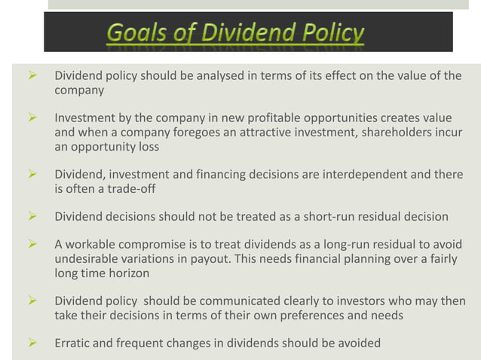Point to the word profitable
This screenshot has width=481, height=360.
[302, 119]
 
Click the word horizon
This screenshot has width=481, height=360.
[132, 273]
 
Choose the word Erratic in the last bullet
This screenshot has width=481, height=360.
[74, 343]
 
